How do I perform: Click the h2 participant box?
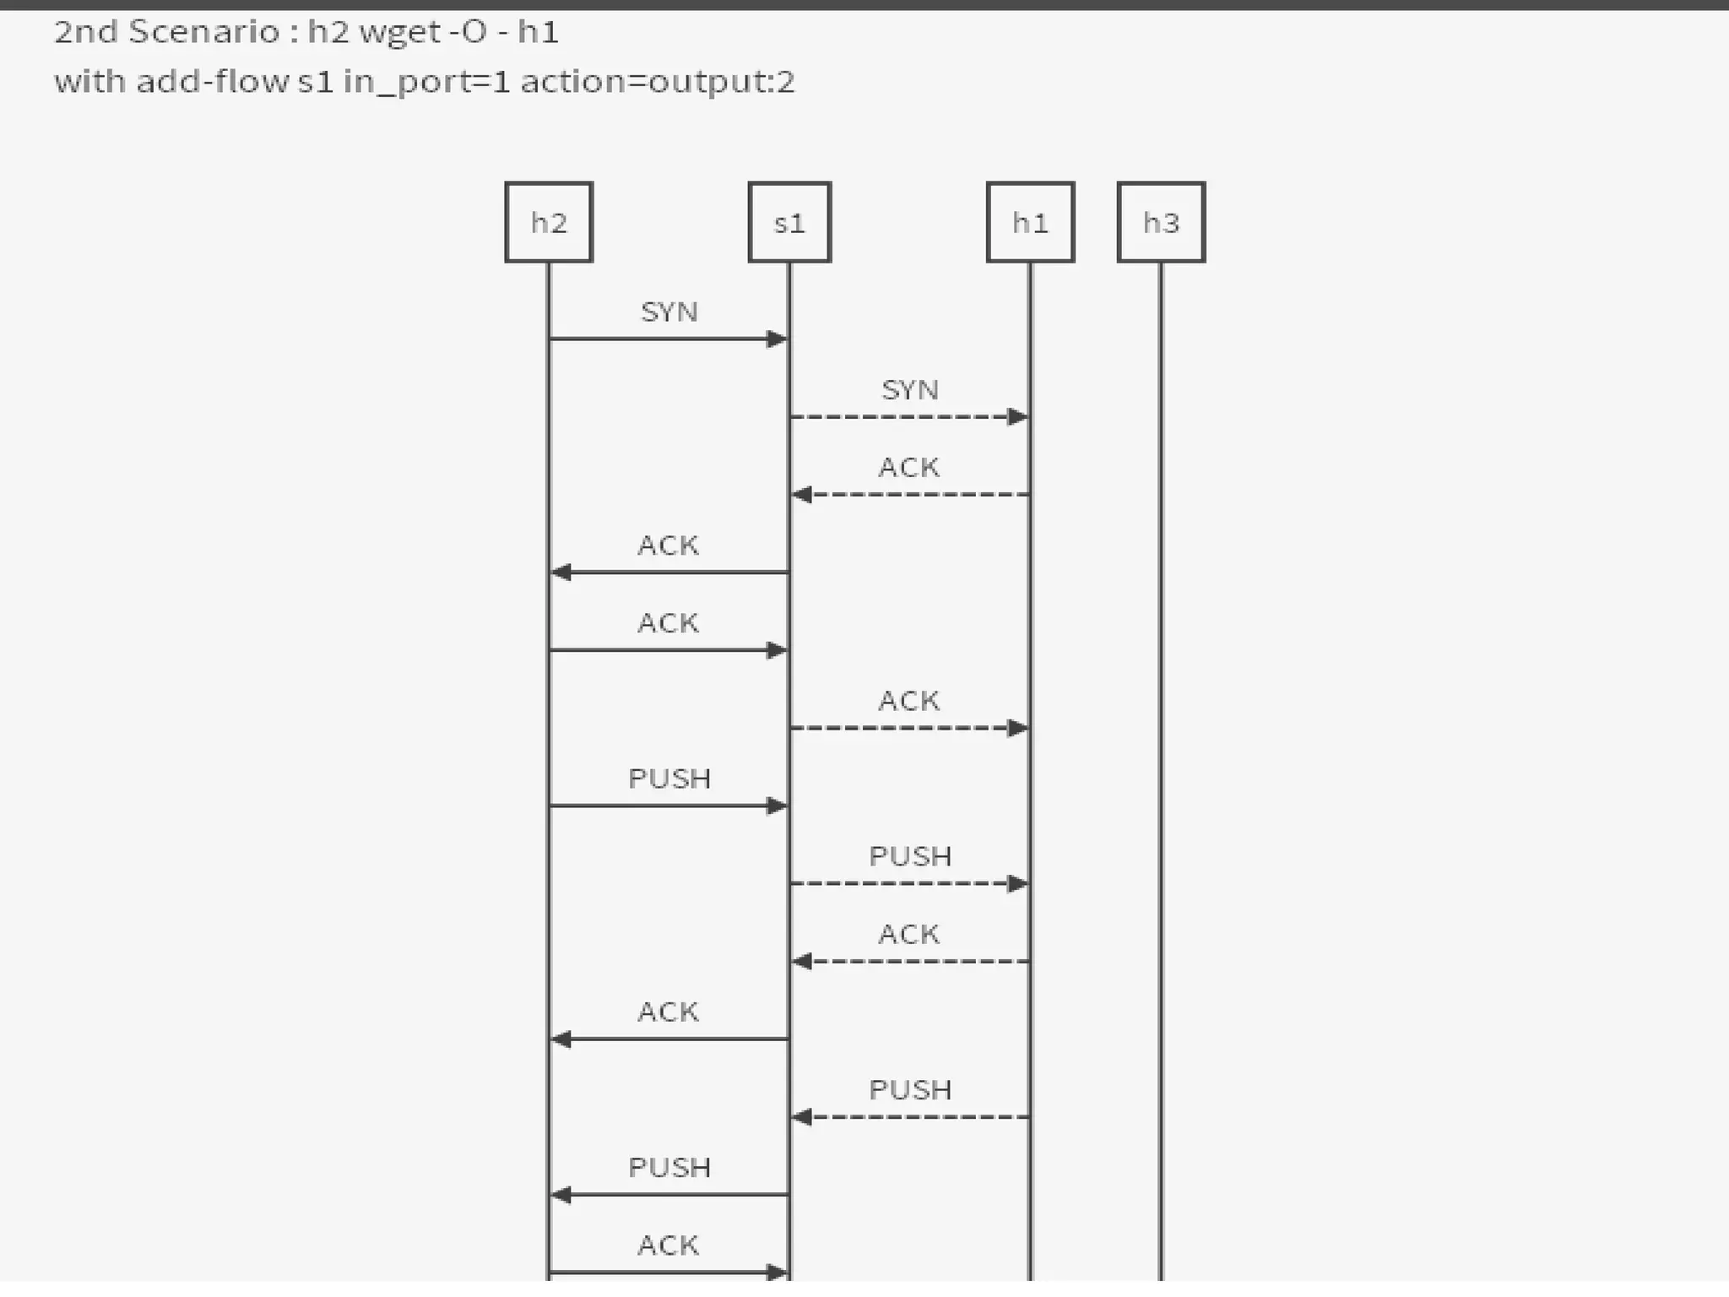(x=549, y=222)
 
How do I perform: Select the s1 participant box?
(x=789, y=222)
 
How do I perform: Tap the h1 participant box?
(x=1030, y=222)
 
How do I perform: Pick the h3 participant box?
(x=1161, y=222)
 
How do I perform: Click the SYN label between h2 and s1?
(x=669, y=312)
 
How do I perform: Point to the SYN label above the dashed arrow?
(x=909, y=390)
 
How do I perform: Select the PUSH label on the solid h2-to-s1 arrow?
(x=669, y=779)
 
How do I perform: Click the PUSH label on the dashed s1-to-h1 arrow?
(x=910, y=856)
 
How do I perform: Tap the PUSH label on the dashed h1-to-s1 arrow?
(x=910, y=1090)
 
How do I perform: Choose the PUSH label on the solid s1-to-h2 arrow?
(x=669, y=1168)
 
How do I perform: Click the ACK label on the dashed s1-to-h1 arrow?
(x=909, y=701)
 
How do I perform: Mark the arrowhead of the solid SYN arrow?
(x=777, y=339)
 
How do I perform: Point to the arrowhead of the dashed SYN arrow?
(x=1017, y=417)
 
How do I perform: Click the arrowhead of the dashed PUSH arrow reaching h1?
(x=1017, y=884)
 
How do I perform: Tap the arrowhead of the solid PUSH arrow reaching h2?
(x=561, y=1195)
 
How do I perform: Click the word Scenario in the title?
(x=203, y=32)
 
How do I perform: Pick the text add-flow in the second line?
(x=213, y=82)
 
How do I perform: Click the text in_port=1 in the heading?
(x=426, y=83)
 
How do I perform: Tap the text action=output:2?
(x=658, y=83)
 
